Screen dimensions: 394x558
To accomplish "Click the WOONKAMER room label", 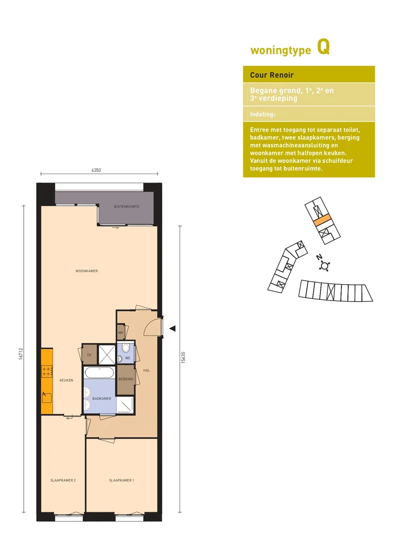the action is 87,271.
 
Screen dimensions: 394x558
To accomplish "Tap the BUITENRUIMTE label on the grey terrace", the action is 127,207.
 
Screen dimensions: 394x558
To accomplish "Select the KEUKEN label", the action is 66,380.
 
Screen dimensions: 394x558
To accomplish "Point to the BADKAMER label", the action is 101,399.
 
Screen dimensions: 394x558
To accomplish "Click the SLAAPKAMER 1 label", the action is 121,480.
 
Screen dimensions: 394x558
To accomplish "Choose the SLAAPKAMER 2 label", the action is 63,480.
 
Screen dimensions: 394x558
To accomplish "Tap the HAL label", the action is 147,370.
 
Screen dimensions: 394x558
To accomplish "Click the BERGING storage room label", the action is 126,379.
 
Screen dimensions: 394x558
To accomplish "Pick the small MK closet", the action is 120,332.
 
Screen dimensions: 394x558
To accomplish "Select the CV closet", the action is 89,355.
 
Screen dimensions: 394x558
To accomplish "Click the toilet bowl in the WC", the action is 126,347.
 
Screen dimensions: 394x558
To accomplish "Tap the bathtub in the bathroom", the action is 99,373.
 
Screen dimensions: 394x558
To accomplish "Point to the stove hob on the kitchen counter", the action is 47,371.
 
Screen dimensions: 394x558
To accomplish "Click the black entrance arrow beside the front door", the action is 172,328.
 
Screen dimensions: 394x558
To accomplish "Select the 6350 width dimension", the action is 96,170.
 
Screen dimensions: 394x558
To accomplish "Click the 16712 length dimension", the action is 21,353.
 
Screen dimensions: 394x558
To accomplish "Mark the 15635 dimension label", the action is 183,357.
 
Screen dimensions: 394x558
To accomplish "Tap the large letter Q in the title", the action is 324,47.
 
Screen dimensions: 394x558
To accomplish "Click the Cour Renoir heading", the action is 272,75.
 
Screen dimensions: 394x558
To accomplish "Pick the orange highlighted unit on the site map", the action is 323,221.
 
